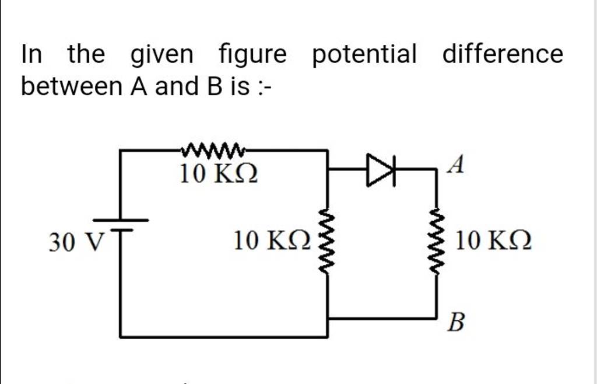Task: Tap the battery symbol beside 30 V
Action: tap(121, 225)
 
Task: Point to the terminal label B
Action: tap(456, 322)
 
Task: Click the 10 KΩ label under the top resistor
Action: tap(218, 173)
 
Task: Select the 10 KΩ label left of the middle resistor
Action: tap(272, 241)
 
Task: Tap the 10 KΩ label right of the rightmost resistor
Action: tap(493, 241)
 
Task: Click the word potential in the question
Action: tap(365, 55)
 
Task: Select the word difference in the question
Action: tap(503, 55)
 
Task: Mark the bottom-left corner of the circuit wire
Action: tap(121, 337)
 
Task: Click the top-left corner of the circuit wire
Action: tap(121, 150)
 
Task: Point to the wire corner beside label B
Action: tap(437, 319)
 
